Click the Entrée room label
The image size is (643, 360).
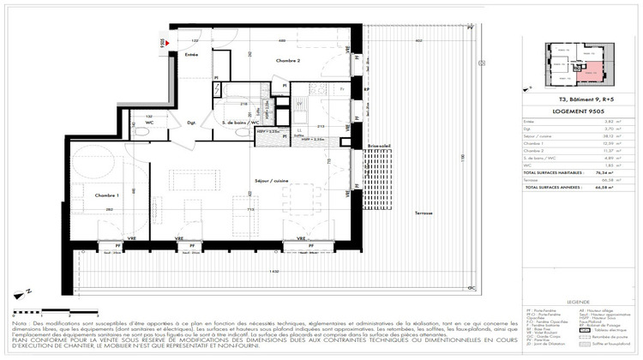point(192,55)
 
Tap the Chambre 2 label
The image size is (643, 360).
point(287,61)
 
